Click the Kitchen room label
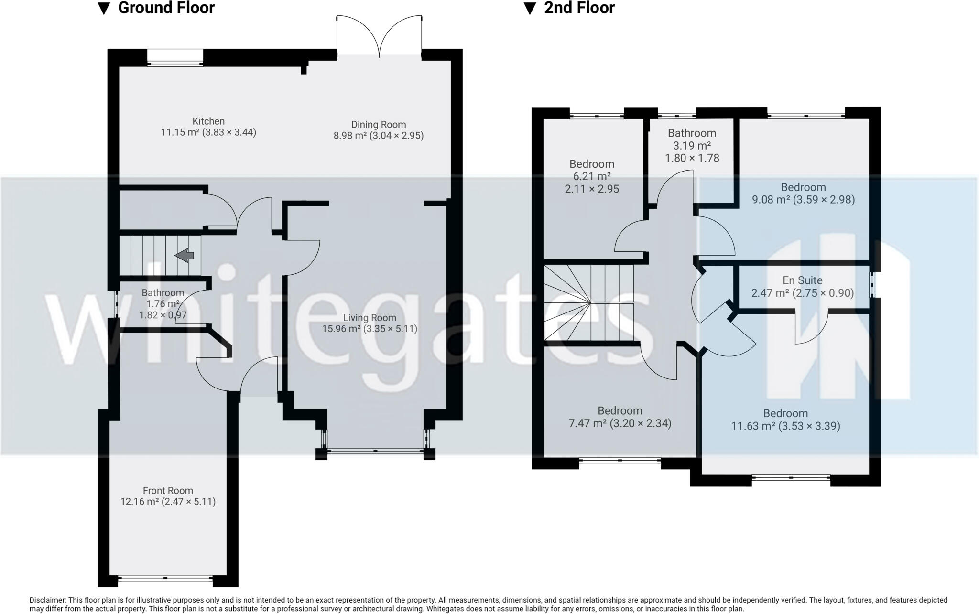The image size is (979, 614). coord(208,121)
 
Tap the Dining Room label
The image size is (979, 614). coord(378,125)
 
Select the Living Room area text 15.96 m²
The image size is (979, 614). coord(341,329)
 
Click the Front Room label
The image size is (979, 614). coord(168,490)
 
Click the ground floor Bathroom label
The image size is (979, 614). coord(163,293)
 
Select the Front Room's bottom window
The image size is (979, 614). coord(165,578)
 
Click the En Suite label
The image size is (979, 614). coord(802,280)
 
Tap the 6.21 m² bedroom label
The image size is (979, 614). coord(592,164)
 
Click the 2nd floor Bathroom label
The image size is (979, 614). coord(692,133)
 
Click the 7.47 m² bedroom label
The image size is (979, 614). coord(620,411)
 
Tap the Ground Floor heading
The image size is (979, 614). coord(166,8)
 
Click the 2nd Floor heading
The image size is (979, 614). coord(579,8)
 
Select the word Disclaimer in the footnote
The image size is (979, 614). coord(47,600)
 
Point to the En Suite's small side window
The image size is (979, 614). coord(873,285)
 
